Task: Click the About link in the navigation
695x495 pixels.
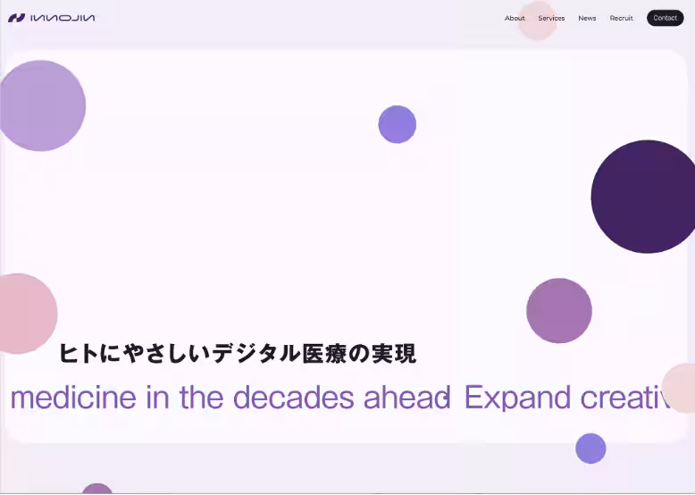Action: point(515,18)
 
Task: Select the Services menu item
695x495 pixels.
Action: point(551,18)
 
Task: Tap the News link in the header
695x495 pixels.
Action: point(587,18)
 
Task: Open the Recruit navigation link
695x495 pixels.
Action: point(621,18)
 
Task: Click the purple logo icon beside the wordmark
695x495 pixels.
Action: point(16,18)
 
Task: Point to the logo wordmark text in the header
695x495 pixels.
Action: point(63,18)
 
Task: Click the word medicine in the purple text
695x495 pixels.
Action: point(73,397)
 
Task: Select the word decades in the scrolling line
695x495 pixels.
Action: point(293,397)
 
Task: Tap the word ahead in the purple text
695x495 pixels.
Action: point(406,397)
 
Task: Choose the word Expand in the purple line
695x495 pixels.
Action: point(517,397)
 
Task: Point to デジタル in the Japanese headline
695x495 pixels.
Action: point(256,354)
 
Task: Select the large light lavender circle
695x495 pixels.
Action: point(41,106)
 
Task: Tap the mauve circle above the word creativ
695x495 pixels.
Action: point(559,311)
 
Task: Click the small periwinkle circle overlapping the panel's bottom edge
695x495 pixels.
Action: point(590,449)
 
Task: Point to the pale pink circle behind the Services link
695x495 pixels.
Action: point(538,21)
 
